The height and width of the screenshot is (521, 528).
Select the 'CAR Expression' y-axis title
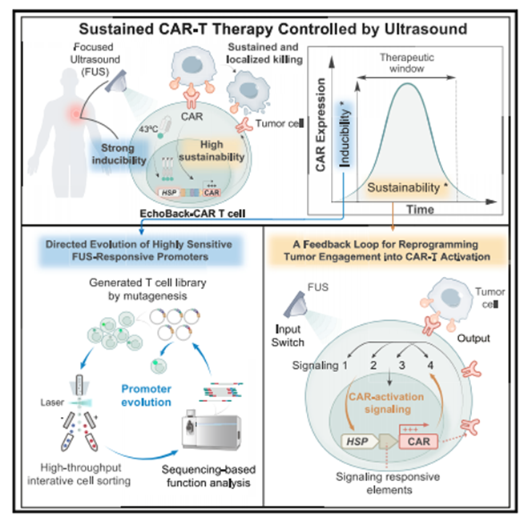click(x=324, y=137)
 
